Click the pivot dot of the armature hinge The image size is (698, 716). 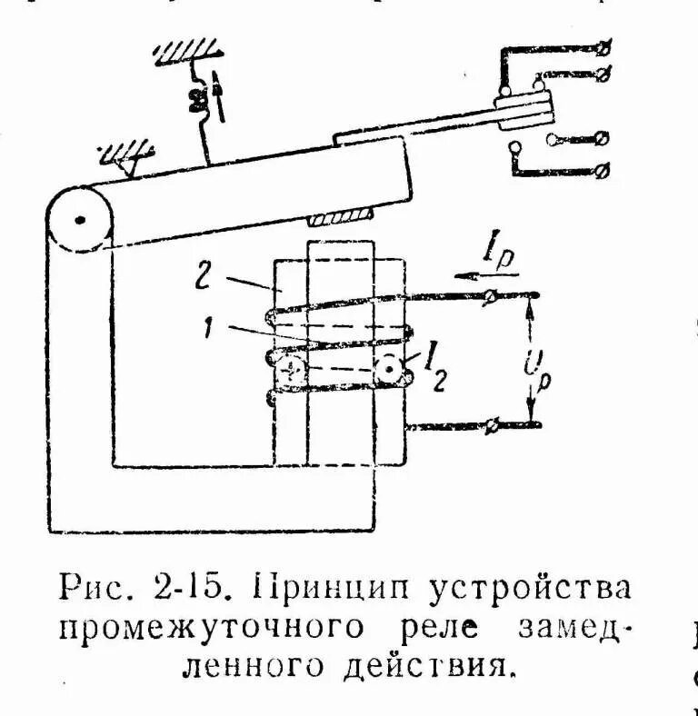coord(80,218)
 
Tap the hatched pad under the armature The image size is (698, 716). coord(341,218)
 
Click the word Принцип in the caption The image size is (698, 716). coord(319,589)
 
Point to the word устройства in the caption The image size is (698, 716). coord(525,589)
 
